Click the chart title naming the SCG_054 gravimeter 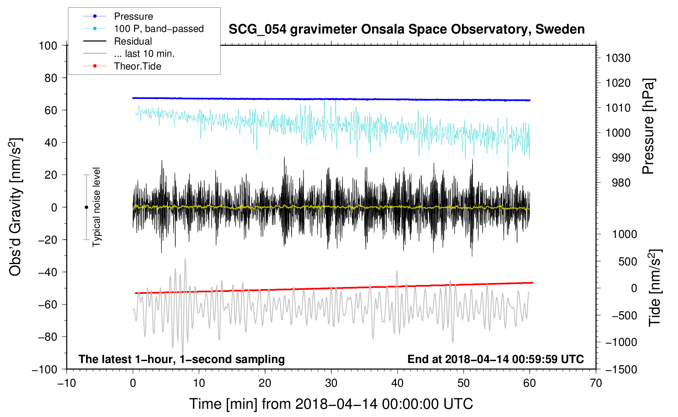click(x=406, y=29)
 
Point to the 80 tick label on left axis click(x=51, y=78)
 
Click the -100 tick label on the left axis click(x=45, y=370)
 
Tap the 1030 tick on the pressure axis click(x=618, y=58)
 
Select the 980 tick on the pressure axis click(x=621, y=183)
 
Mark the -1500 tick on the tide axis click(x=621, y=370)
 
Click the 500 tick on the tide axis click(x=627, y=262)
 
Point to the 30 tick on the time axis click(x=331, y=383)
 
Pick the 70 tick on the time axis click(x=595, y=383)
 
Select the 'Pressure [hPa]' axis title click(x=648, y=126)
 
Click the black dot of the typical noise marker click(x=86, y=207)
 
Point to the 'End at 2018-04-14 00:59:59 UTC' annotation click(x=495, y=359)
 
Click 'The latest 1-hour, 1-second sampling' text click(x=182, y=359)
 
